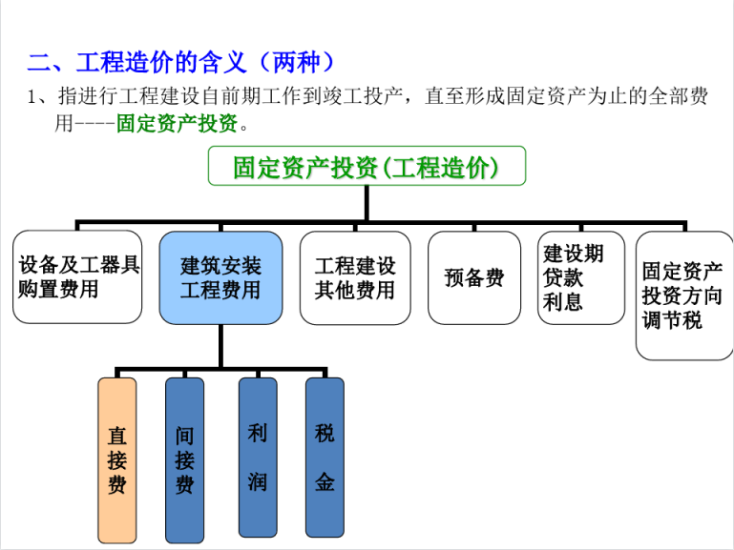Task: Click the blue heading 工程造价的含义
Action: (x=161, y=62)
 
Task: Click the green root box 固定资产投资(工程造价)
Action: (x=367, y=166)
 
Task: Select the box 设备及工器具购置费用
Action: (x=77, y=276)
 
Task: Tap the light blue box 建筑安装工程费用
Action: (x=220, y=277)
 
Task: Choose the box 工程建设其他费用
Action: (x=355, y=277)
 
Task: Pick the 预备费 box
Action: (x=474, y=277)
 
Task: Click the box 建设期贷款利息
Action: (x=581, y=277)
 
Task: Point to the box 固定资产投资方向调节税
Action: (x=684, y=295)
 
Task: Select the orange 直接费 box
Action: (x=117, y=460)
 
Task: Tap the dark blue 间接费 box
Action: (x=184, y=460)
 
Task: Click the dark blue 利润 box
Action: (x=258, y=458)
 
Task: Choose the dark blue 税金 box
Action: (x=325, y=458)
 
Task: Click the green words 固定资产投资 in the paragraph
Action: (x=177, y=123)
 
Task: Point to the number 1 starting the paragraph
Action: (x=31, y=96)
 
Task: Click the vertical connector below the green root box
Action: (x=367, y=203)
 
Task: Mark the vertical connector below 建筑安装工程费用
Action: (x=220, y=346)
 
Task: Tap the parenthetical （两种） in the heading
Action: (x=296, y=62)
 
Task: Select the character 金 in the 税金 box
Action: (x=325, y=481)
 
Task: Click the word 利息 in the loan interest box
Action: (x=563, y=302)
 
